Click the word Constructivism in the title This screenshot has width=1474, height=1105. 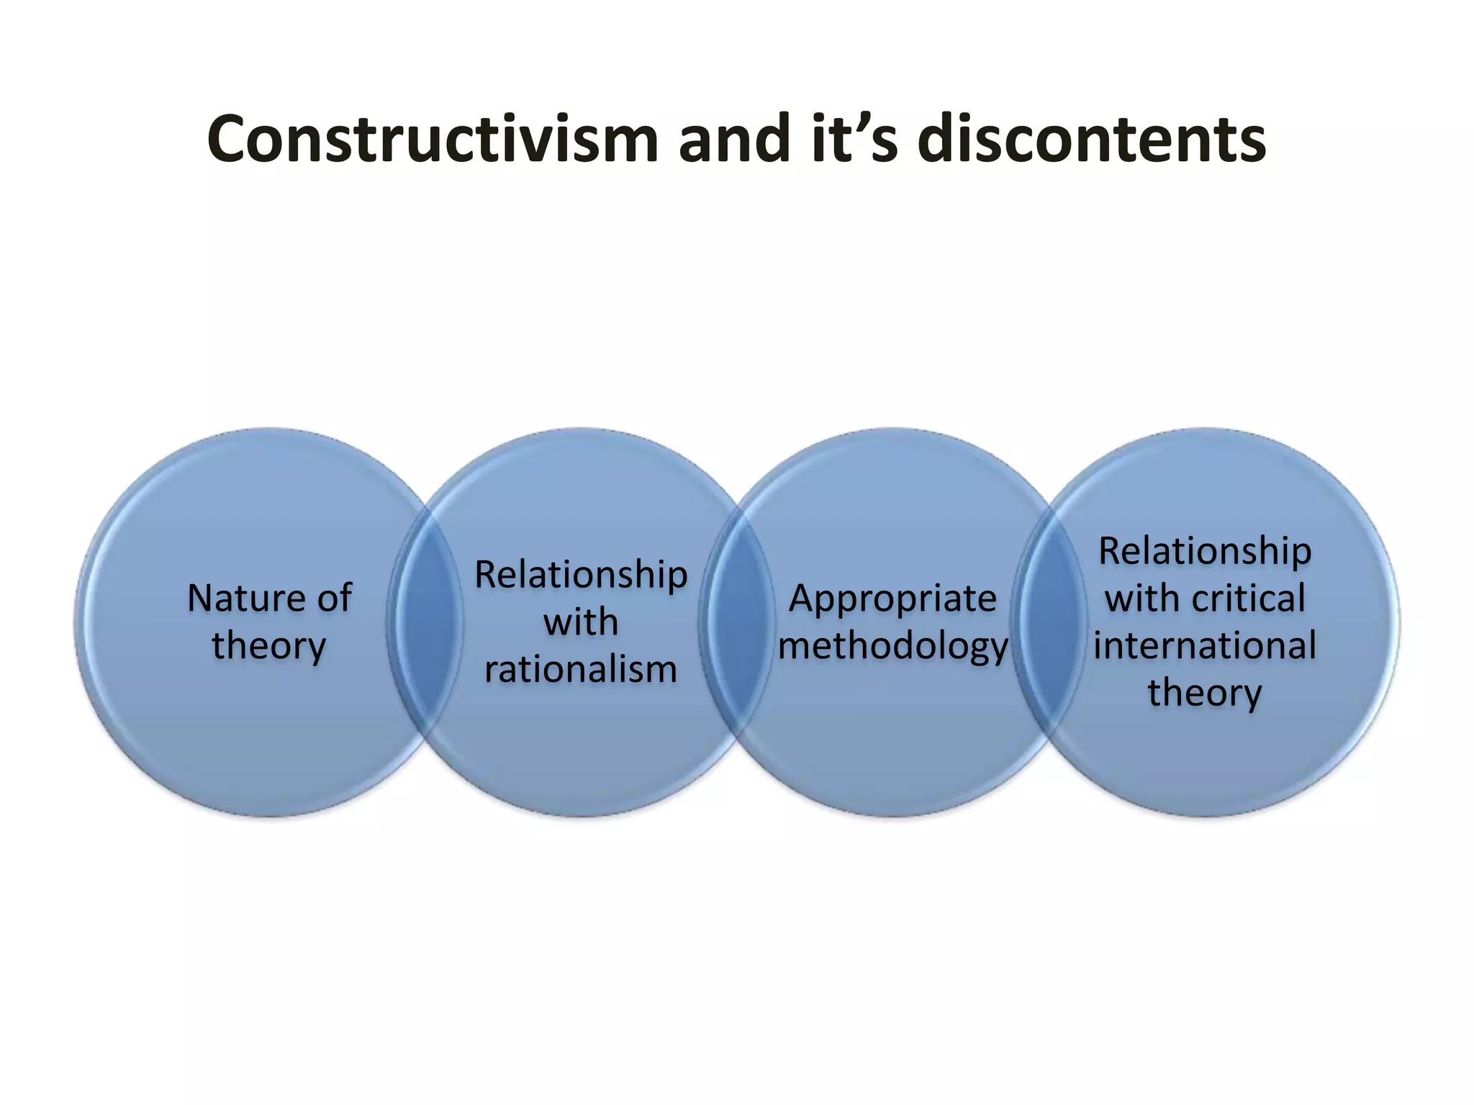coord(433,140)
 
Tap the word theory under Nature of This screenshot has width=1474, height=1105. coord(269,645)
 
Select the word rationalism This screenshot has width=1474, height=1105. coord(581,670)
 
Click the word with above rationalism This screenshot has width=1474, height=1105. coord(581,622)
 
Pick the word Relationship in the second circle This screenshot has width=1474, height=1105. coord(581,575)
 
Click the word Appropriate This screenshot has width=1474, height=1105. coord(893,599)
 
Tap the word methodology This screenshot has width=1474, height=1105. coord(893,646)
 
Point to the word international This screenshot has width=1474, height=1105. coord(1205,645)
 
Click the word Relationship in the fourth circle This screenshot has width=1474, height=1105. coord(1205,552)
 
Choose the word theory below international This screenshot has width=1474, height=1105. coord(1205,693)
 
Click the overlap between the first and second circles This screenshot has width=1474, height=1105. coord(425,623)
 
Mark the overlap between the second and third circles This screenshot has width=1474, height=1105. coord(737,623)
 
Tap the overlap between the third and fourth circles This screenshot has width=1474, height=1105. coord(1049,623)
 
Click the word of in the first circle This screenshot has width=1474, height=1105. coord(333,598)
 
